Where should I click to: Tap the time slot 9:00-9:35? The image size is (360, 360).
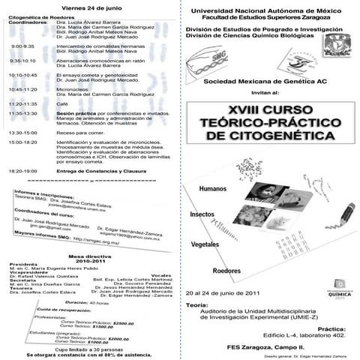coord(22,46)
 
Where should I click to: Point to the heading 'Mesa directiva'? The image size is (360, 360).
coord(89,256)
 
